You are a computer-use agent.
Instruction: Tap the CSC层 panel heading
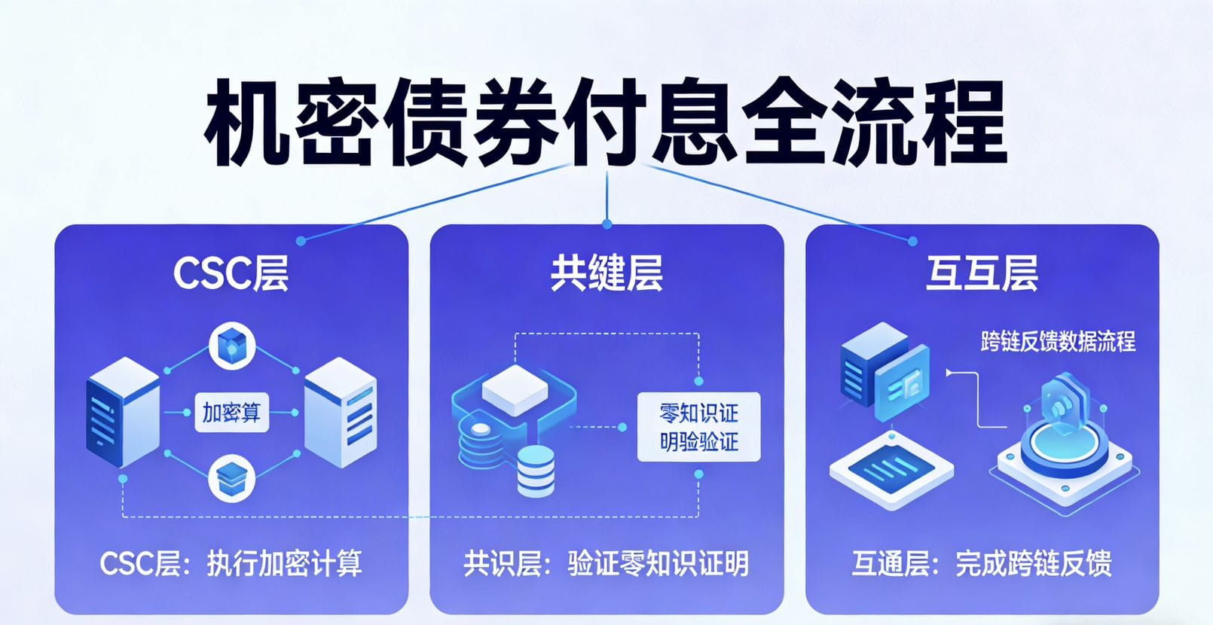pos(231,273)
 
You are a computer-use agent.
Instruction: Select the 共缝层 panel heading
pos(606,273)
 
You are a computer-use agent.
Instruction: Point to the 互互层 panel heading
pos(982,273)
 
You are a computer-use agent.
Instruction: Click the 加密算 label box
pos(231,413)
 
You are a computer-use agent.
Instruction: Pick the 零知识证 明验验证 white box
pos(698,427)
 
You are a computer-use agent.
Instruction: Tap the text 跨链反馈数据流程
pos(1058,341)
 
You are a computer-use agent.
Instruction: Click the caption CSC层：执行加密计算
pos(231,563)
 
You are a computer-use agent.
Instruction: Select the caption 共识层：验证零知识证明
pos(606,563)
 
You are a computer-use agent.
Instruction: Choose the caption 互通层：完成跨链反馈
pos(982,563)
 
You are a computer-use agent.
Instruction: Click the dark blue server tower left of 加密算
pos(123,413)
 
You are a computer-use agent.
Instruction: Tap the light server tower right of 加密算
pos(340,413)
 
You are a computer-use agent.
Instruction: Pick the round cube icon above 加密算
pos(231,347)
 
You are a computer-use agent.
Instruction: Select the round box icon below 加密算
pos(231,477)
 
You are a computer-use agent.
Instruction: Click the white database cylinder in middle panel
pos(536,471)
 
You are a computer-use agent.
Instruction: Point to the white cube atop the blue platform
pos(515,389)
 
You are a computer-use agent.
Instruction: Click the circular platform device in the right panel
pos(1064,452)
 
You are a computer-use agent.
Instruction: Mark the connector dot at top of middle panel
pos(607,224)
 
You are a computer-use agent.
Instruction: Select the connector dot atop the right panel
pos(912,241)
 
